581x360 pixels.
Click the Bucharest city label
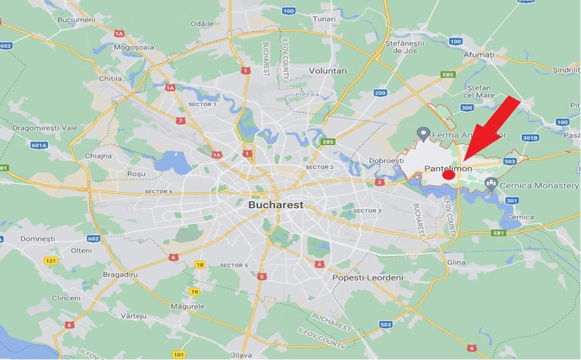276,205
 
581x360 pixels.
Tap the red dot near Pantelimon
448,175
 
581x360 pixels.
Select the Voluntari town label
328,71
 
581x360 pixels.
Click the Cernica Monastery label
539,186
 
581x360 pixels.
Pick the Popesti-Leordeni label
368,277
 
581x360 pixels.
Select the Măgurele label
188,306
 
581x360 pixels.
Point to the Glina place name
455,262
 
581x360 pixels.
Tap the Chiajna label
98,156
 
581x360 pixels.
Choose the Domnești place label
38,239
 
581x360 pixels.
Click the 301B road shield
530,138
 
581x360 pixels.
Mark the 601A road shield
39,145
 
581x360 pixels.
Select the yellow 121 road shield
51,260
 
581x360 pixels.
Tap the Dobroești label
386,160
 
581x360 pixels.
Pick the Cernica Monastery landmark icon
491,185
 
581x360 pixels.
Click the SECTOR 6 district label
158,192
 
